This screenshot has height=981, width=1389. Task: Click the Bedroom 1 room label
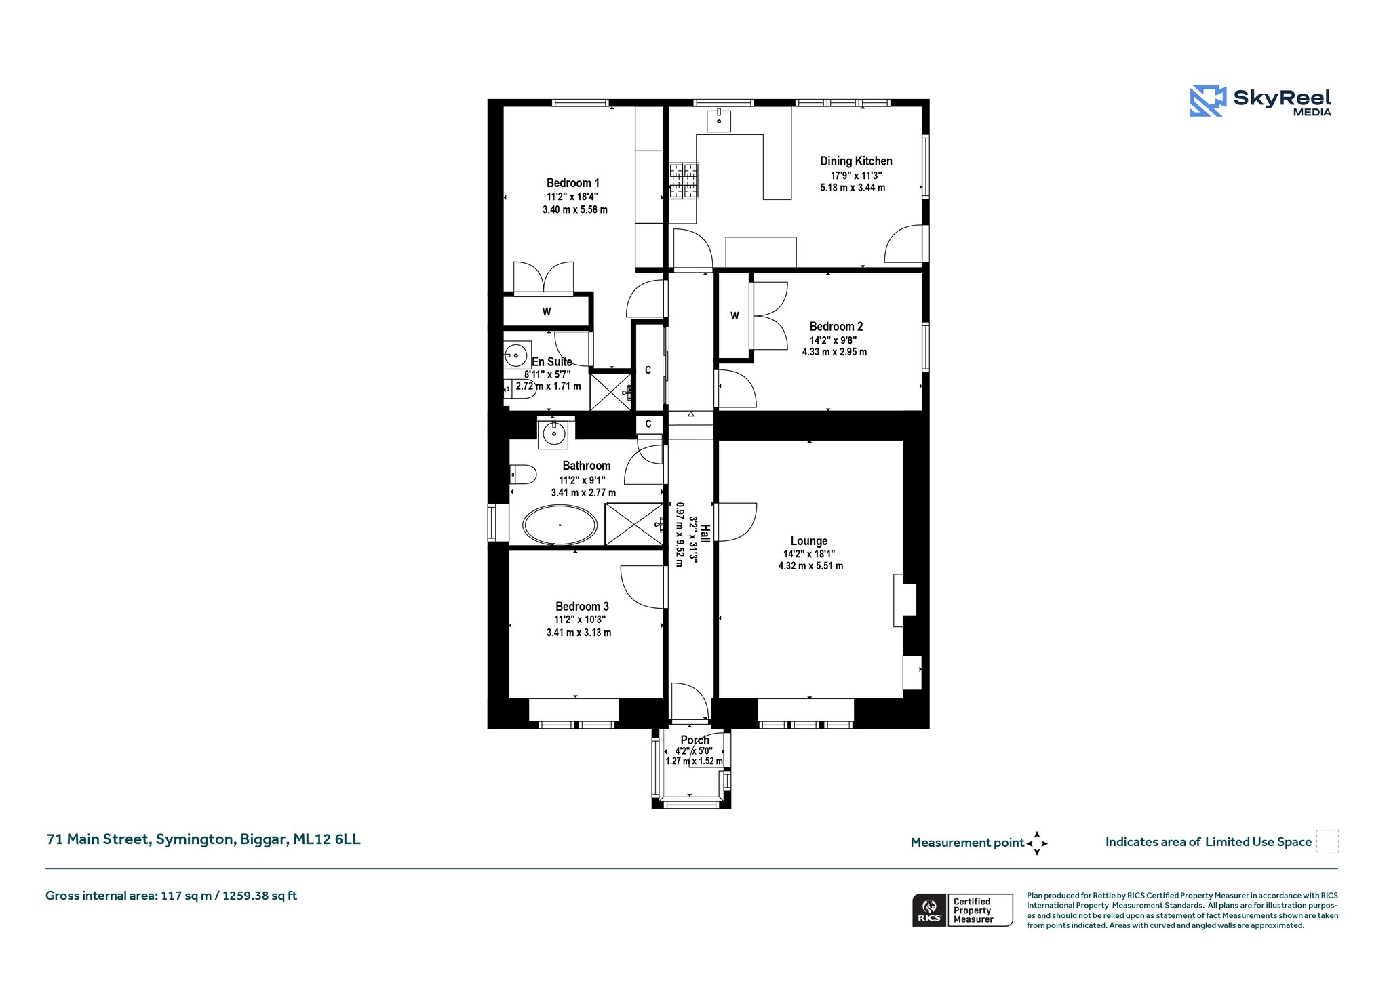click(x=573, y=183)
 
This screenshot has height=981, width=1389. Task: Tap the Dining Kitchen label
click(x=856, y=161)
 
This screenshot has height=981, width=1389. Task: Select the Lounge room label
click(x=809, y=541)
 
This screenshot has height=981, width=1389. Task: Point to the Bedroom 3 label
click(x=582, y=607)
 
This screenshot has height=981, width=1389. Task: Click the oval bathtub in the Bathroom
click(x=560, y=525)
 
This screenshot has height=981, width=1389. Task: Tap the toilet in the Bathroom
click(x=523, y=474)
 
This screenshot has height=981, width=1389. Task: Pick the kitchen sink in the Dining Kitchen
click(x=718, y=120)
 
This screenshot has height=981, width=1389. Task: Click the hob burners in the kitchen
click(x=684, y=181)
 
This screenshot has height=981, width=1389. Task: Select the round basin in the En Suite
click(x=516, y=355)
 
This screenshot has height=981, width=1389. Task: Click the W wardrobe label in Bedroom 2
click(x=735, y=316)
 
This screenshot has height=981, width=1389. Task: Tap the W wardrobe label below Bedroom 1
click(x=547, y=312)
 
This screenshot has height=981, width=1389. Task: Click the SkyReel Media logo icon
click(x=1208, y=101)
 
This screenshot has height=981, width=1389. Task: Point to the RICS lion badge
click(x=929, y=909)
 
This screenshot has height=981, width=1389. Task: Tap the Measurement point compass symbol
click(x=1037, y=843)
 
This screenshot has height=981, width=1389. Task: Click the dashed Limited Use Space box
click(x=1327, y=841)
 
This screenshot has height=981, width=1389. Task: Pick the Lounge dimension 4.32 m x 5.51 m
click(x=811, y=566)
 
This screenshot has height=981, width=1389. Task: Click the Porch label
click(x=695, y=740)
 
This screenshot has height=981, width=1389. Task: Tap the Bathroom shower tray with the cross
click(x=634, y=523)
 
